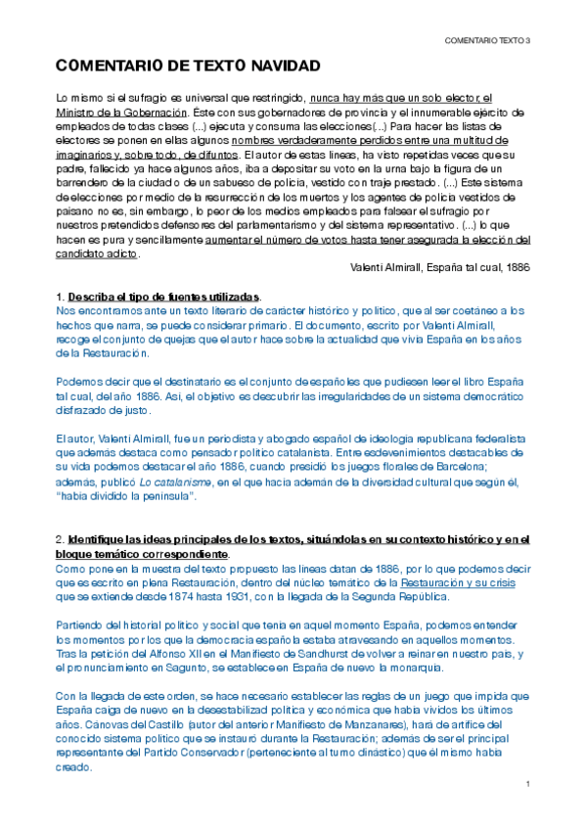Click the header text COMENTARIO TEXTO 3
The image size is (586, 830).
coord(486,40)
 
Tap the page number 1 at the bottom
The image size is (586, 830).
coord(526,786)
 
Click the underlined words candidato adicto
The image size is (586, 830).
coord(98,254)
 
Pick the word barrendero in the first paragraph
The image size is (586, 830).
coord(84,183)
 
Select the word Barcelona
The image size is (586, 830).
coord(473,470)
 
